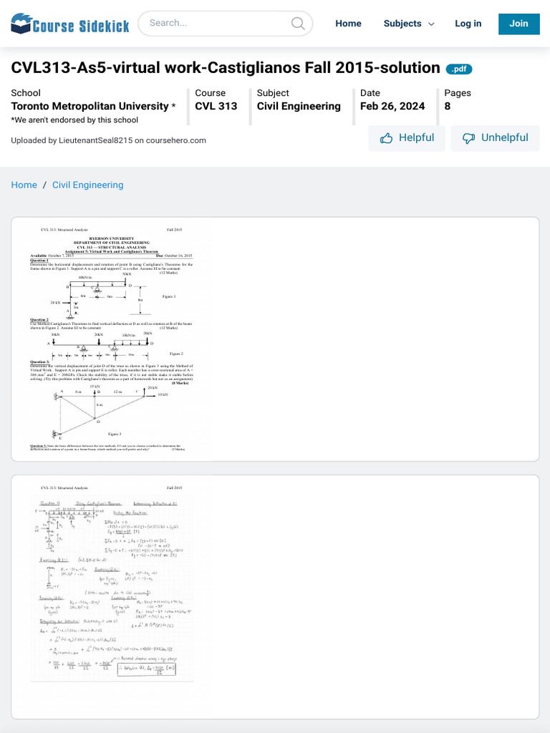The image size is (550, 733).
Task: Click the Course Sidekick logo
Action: pos(70,24)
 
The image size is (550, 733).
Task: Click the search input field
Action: pos(215,23)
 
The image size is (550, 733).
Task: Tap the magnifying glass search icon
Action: pos(298,24)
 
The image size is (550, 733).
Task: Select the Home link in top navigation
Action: pos(348,24)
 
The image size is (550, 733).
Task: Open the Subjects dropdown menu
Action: pos(409,24)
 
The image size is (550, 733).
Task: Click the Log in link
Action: pos(468,24)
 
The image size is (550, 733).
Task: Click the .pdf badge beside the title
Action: pos(459,69)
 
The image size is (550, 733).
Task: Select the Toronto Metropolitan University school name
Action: pos(90,106)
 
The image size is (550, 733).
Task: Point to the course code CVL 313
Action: pos(216,106)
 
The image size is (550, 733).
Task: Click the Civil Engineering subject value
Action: pos(299,106)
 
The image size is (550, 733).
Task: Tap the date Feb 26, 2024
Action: pos(392,106)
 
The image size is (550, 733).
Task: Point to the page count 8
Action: pos(448,106)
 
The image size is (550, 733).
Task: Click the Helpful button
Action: pos(407,138)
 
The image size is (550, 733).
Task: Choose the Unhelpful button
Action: pos(495,138)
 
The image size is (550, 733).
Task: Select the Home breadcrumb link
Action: pos(24,185)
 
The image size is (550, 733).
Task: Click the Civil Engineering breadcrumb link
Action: pos(87,185)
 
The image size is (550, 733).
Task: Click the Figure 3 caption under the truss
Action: pos(115,434)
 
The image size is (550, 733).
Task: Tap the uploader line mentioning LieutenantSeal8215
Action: pos(108,140)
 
